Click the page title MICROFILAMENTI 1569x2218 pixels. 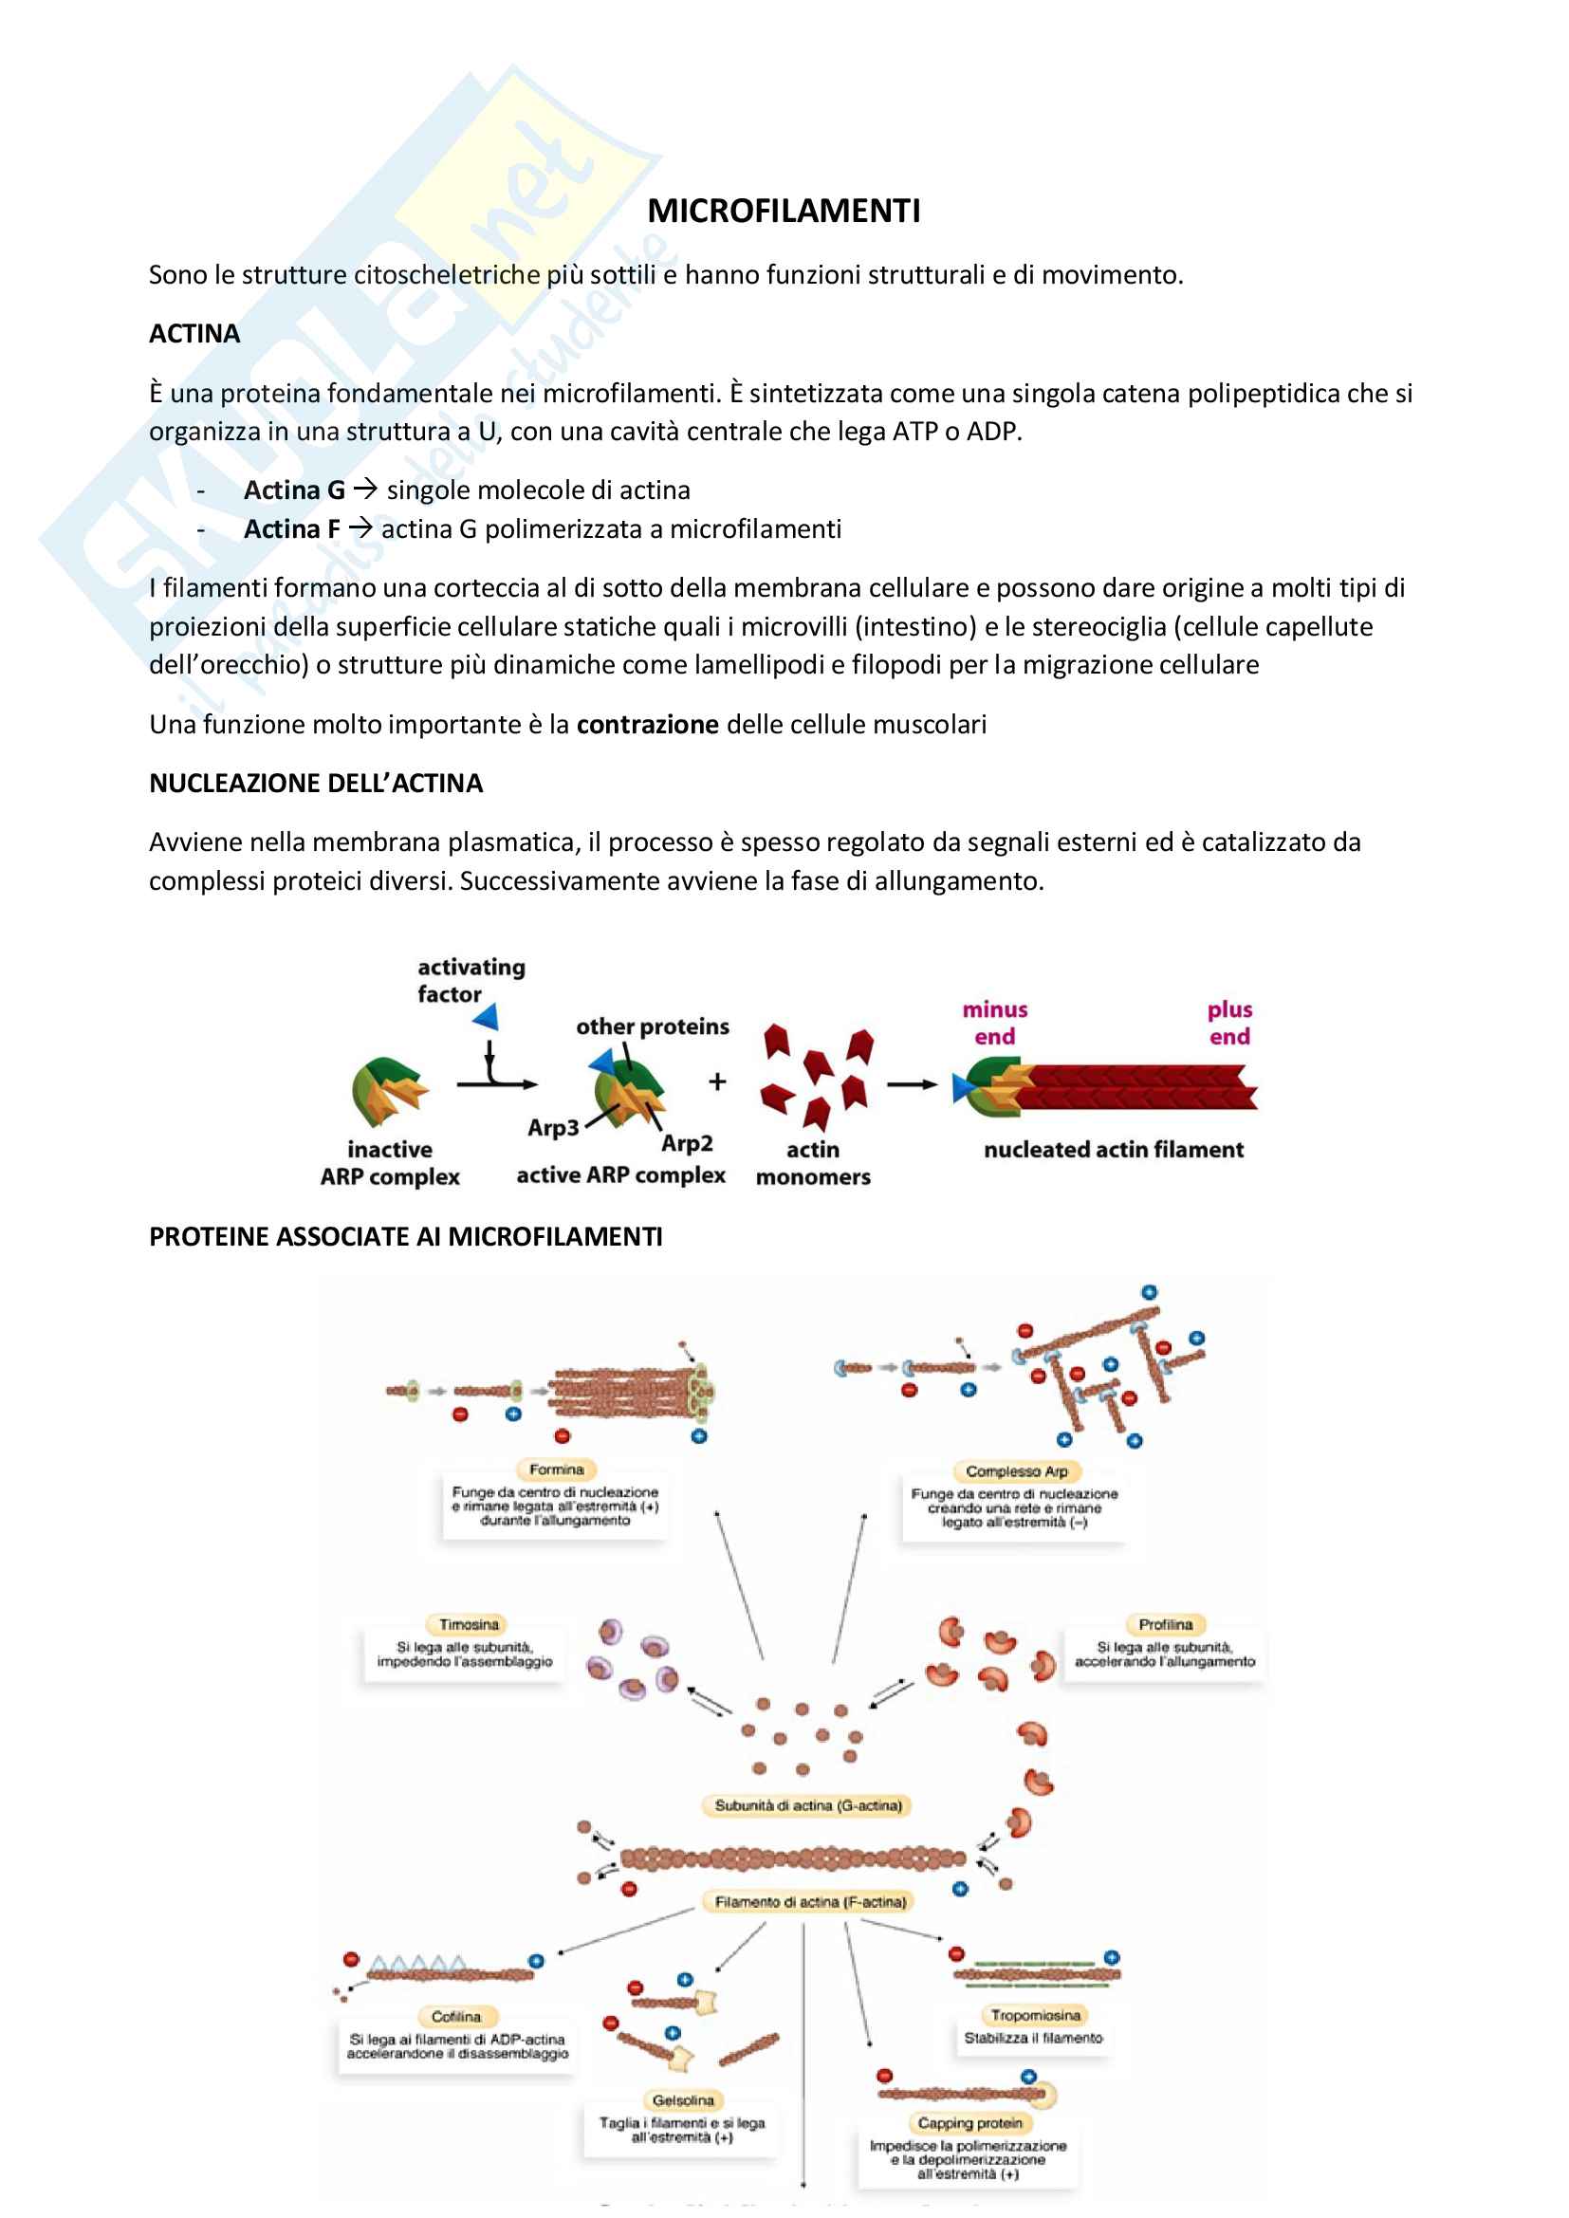(784, 211)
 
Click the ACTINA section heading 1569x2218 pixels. (194, 334)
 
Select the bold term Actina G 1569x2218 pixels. (294, 490)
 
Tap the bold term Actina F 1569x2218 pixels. (292, 529)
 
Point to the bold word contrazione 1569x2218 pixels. (647, 725)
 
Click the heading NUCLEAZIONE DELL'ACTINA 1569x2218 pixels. (315, 784)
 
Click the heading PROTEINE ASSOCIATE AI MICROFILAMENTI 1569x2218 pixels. (405, 1236)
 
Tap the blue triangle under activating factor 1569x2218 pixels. (486, 1015)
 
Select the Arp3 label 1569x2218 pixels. (553, 1127)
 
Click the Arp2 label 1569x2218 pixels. (687, 1143)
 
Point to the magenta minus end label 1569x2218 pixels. (994, 1023)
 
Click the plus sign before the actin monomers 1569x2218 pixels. (717, 1081)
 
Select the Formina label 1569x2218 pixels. (557, 1469)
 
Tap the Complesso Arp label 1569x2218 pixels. (1016, 1471)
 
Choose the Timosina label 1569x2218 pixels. (469, 1625)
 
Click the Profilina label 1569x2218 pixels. (1165, 1625)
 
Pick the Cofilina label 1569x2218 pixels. (456, 2017)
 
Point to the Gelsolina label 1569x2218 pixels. (683, 2100)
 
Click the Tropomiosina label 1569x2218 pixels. (1035, 2015)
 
